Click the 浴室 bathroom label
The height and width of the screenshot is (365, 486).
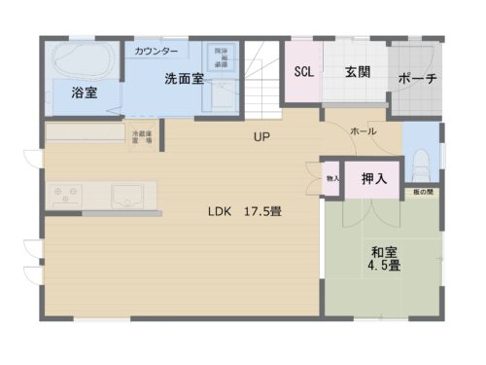[85, 94]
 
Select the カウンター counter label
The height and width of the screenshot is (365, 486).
[156, 50]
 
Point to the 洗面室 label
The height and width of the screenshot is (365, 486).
[183, 79]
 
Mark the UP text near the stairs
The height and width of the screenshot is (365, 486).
[260, 137]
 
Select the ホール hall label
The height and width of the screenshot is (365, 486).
[362, 130]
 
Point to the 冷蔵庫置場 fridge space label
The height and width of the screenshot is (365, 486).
[143, 136]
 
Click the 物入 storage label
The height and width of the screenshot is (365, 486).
[332, 179]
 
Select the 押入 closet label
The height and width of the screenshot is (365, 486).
[373, 179]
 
